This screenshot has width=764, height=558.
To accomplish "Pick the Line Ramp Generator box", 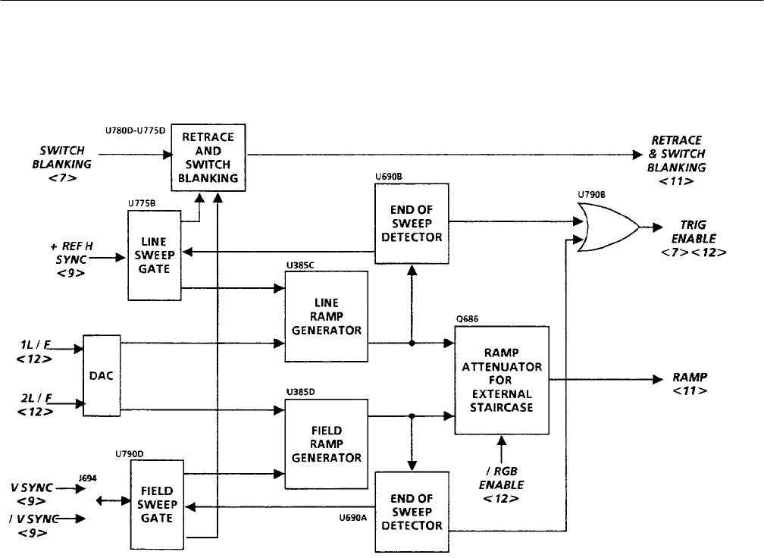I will (326, 316).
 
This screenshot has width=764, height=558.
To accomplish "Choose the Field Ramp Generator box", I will (326, 443).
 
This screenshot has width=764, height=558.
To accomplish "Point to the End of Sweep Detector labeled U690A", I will (412, 513).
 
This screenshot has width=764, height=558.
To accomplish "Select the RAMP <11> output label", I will (690, 384).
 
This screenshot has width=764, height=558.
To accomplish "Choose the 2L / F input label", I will (35, 403).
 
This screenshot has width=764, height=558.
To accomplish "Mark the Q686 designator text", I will (465, 318).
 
